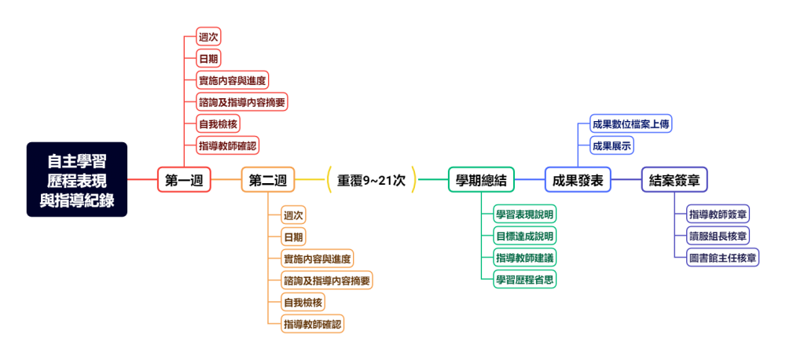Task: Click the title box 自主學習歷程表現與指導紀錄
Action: pos(76,180)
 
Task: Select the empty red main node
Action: pos(184,180)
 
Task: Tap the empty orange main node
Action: pos(268,180)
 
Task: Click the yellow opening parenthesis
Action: pos(329,180)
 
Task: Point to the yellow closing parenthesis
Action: pos(413,180)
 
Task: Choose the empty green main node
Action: pos(481,180)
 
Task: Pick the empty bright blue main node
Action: pos(578,180)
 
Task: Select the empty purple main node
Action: pos(674,180)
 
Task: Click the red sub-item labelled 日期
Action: pos(208,58)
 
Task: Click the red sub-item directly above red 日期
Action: pos(208,36)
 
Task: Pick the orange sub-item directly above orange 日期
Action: pos(293,215)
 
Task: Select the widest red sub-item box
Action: pos(242,101)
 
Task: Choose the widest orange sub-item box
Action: pos(327,281)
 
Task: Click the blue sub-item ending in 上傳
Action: pos(631,123)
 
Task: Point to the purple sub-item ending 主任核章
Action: pos(723,257)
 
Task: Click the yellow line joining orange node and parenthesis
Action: pos(310,180)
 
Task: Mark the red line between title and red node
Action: pos(142,180)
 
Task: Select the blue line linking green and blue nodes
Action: pos(530,180)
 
